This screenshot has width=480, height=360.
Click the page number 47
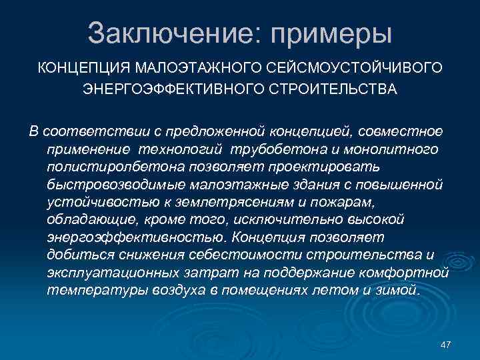(446, 344)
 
